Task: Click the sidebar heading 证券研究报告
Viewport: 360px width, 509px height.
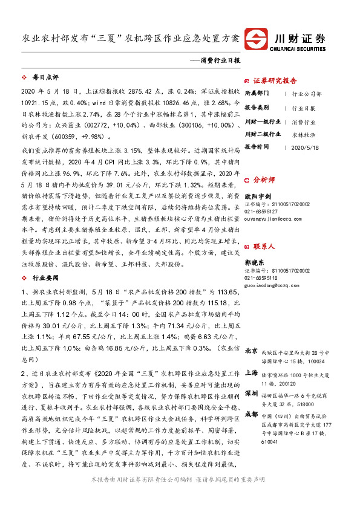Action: [275, 81]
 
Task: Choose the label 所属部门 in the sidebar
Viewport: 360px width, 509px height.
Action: [258, 94]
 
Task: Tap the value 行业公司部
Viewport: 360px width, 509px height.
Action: [307, 94]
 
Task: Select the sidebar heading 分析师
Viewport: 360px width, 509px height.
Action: [264, 180]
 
